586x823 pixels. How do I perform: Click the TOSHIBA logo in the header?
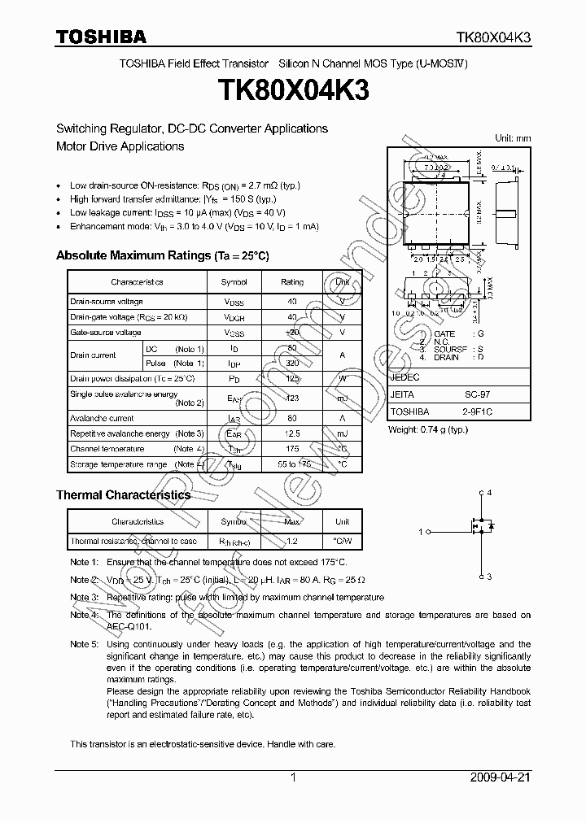(101, 37)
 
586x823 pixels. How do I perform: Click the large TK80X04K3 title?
(293, 91)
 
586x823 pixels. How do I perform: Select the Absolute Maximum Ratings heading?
(162, 255)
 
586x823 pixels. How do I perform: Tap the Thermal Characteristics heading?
(123, 494)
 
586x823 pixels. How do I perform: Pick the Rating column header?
(292, 282)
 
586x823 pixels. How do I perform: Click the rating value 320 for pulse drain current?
(292, 364)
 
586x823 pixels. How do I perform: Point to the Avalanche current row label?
(102, 419)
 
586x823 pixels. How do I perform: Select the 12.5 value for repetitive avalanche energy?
(292, 434)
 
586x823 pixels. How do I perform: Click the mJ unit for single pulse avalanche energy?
(343, 398)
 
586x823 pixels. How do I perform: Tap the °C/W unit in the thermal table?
(343, 541)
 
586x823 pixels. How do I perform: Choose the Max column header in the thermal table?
(292, 521)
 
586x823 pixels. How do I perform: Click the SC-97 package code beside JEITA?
(478, 394)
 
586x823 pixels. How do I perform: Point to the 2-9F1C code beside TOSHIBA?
(478, 412)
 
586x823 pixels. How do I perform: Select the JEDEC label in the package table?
(405, 377)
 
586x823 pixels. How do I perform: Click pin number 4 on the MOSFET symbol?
(488, 493)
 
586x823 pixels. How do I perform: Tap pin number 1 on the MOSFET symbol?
(421, 532)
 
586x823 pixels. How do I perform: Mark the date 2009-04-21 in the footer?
(500, 777)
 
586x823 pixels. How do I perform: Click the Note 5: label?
(84, 644)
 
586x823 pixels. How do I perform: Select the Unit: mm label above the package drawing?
(513, 138)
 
